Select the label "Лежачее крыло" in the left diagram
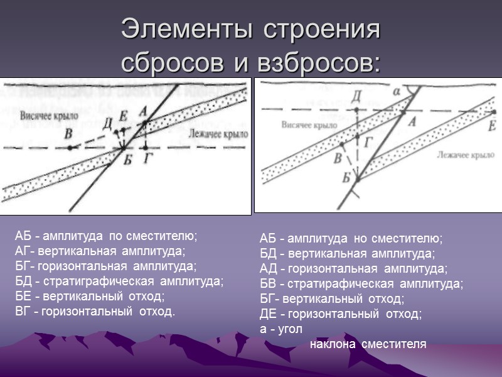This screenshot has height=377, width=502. tap(216, 134)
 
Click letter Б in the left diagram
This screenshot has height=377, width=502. tap(127, 160)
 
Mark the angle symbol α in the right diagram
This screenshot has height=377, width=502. tap(395, 92)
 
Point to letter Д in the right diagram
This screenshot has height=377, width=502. tap(356, 96)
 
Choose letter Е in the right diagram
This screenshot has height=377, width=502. tap(491, 126)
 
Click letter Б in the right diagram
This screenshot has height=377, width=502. tap(346, 176)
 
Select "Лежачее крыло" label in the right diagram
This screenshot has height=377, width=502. tap(462, 154)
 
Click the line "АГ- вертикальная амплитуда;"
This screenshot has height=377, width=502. tap(100, 251)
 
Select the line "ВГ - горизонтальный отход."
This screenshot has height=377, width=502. tap(95, 311)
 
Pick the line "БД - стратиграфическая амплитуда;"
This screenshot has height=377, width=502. tap(119, 281)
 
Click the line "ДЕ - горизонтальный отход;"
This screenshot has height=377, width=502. tap(341, 314)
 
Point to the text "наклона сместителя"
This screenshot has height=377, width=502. tap(368, 344)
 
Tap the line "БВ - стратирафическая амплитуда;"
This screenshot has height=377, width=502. tap(361, 283)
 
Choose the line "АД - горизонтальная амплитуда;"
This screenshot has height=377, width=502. tap(353, 268)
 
